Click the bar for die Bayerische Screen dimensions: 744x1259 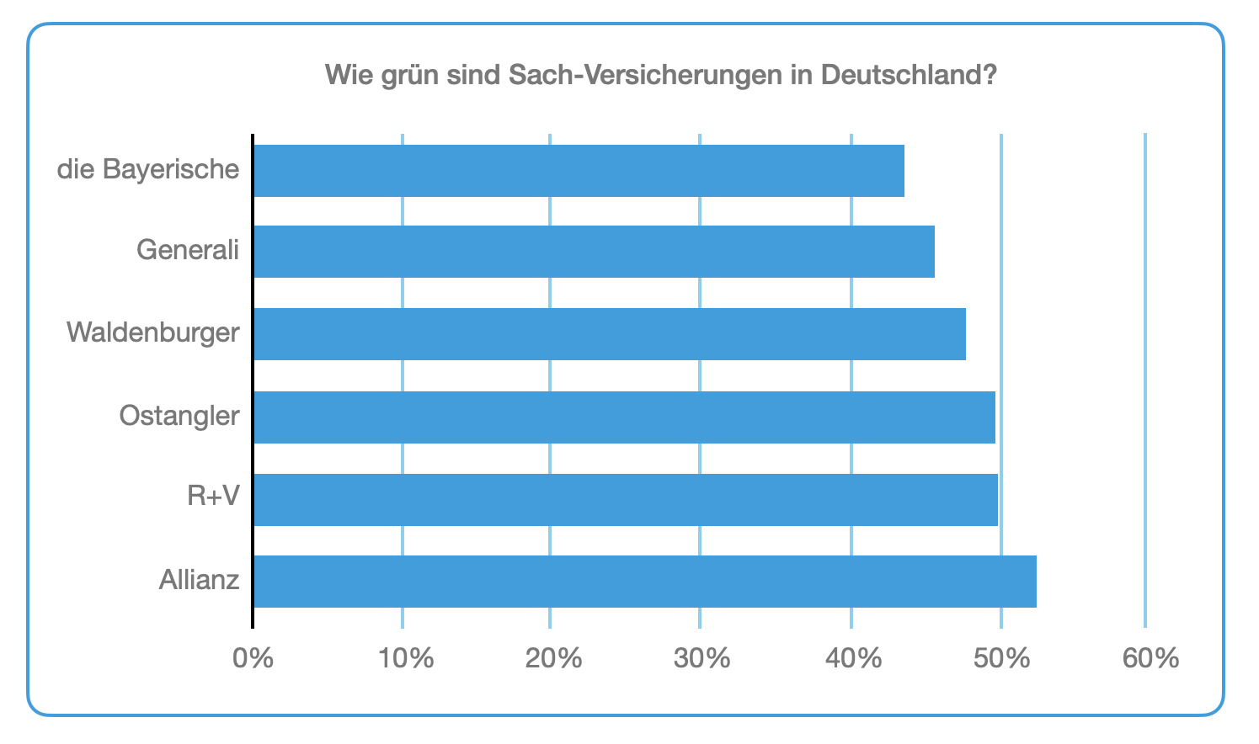[x=579, y=171]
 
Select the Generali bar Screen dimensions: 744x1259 [x=594, y=252]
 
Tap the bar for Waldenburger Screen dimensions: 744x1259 [x=609, y=334]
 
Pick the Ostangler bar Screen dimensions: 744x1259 [x=624, y=417]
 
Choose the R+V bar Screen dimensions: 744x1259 [x=625, y=500]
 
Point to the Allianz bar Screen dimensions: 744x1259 [x=644, y=582]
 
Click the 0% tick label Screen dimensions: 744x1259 [x=253, y=658]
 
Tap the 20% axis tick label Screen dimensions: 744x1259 [x=553, y=658]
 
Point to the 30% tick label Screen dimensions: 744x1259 [x=702, y=658]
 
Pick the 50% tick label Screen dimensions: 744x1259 [x=1001, y=658]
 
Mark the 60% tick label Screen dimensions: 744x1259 [x=1150, y=658]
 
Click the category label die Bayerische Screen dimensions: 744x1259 [x=148, y=170]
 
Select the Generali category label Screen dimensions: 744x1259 [x=188, y=251]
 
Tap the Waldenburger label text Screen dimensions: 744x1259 [x=153, y=332]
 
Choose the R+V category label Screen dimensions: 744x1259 [x=213, y=497]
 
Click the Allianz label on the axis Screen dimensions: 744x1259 [x=200, y=580]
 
